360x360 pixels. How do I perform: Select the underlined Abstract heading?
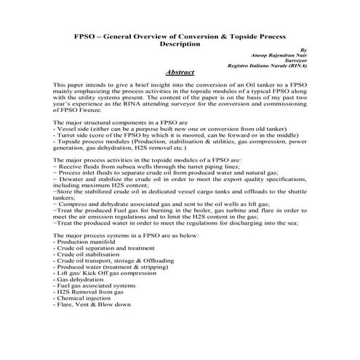tap(179, 73)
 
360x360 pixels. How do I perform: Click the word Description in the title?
tap(180, 44)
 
